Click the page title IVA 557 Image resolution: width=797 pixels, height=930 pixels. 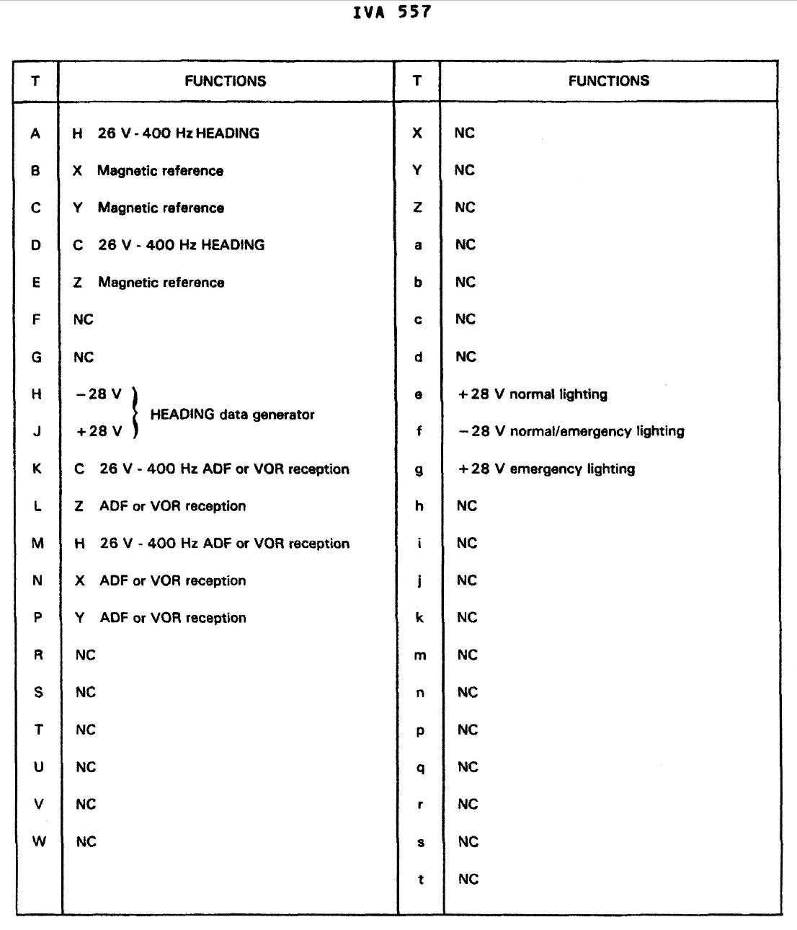click(393, 12)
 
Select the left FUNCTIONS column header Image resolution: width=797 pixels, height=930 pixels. click(226, 81)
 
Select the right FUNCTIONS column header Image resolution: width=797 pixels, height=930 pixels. click(608, 81)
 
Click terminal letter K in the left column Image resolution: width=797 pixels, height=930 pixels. click(37, 469)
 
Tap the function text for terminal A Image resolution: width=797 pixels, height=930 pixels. click(166, 133)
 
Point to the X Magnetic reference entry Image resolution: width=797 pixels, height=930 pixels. click(149, 171)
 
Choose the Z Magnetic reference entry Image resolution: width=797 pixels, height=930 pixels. click(149, 283)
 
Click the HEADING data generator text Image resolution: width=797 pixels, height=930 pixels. click(232, 415)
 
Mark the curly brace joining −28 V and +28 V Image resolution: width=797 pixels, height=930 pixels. click(135, 413)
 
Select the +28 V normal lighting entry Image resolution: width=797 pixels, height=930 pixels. click(533, 394)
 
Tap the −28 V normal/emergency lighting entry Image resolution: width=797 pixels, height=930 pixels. click(571, 431)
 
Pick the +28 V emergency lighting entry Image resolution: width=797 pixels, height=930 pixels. click(546, 469)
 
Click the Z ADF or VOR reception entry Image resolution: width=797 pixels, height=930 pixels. click(161, 506)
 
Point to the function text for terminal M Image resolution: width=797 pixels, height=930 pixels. click(212, 544)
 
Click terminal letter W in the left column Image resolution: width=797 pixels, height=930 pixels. click(39, 841)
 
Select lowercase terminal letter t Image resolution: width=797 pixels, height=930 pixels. click(420, 879)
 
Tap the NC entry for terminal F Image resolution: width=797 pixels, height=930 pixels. click(84, 319)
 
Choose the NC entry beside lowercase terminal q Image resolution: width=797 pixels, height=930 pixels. click(468, 767)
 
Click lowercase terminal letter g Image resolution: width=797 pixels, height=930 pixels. click(419, 469)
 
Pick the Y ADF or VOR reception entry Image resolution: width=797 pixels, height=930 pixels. click(161, 618)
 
